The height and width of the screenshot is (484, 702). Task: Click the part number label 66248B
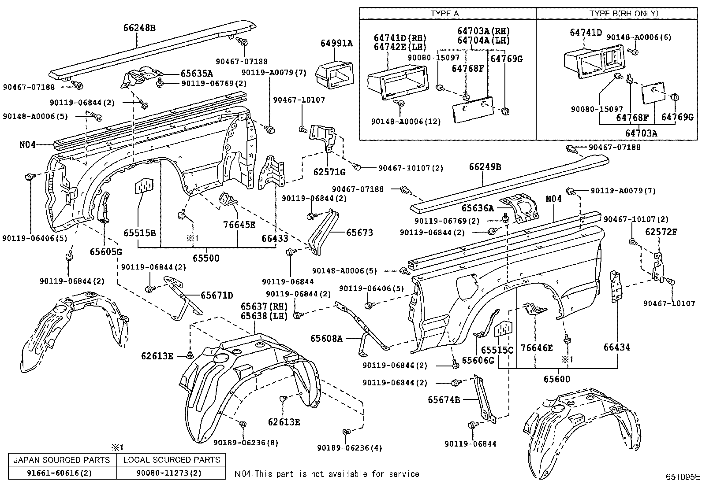click(x=139, y=28)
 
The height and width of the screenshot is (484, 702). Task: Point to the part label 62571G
click(x=329, y=172)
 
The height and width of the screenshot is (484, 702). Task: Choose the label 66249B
click(x=485, y=167)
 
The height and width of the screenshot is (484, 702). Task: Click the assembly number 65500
click(x=206, y=258)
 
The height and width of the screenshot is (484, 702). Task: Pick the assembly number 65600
click(x=556, y=379)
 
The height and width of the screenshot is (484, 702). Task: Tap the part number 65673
click(x=359, y=233)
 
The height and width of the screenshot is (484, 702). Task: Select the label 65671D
click(x=217, y=295)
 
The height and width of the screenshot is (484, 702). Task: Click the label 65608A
click(x=327, y=338)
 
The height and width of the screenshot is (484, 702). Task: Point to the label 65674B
click(x=444, y=400)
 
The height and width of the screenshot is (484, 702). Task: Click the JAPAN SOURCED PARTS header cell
click(x=62, y=460)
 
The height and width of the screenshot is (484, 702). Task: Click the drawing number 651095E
click(x=683, y=477)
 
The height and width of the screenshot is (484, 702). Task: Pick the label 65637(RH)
click(x=264, y=306)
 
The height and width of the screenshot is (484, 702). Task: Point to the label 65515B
click(x=139, y=233)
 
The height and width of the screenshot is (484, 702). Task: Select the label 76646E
click(x=537, y=348)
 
